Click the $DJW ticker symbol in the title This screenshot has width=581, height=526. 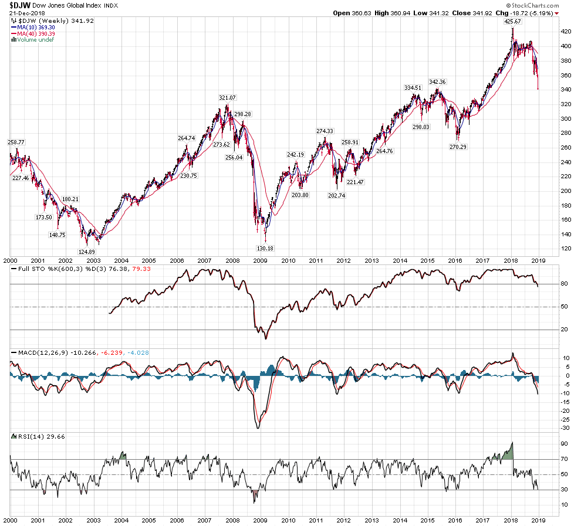20,5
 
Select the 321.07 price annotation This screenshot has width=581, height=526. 227,97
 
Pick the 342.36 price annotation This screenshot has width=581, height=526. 438,82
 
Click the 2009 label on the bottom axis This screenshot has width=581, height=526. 260,520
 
